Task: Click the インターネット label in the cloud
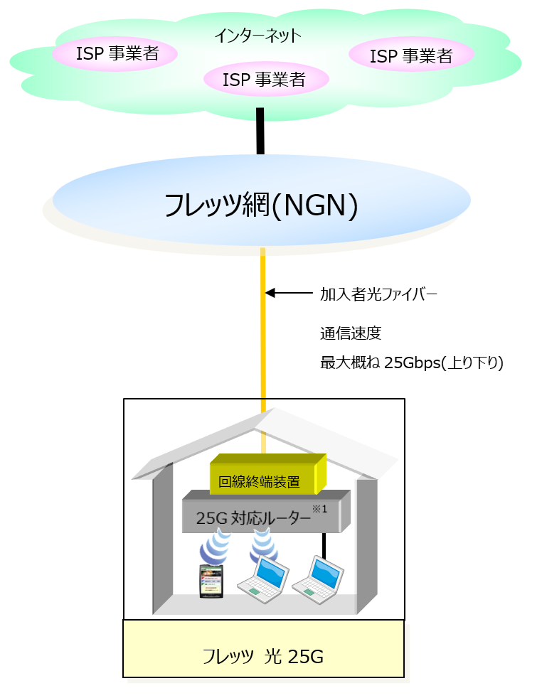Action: click(x=258, y=36)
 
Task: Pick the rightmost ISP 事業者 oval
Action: click(x=411, y=56)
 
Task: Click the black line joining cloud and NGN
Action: click(x=260, y=131)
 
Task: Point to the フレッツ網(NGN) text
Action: click(x=260, y=205)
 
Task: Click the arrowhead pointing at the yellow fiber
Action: click(x=270, y=292)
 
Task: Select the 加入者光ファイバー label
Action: click(x=377, y=293)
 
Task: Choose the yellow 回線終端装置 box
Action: click(x=267, y=476)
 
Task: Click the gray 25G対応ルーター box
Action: click(x=263, y=515)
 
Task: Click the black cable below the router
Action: click(x=324, y=545)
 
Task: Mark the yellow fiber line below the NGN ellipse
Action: click(x=262, y=327)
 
